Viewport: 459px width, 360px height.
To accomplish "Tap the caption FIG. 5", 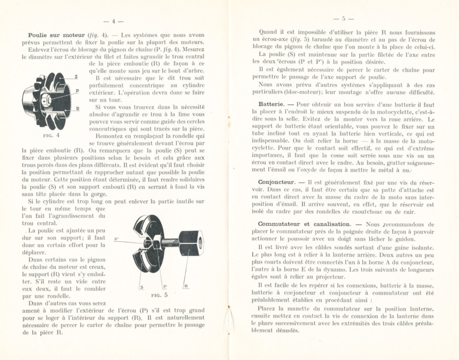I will (160, 295).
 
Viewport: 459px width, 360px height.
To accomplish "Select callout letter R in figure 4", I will (77, 108).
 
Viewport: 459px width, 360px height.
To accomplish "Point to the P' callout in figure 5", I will (117, 239).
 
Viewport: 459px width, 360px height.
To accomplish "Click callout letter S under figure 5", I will (142, 286).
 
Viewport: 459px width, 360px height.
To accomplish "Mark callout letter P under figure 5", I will (165, 286).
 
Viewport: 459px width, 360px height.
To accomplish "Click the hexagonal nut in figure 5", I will (191, 244).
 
